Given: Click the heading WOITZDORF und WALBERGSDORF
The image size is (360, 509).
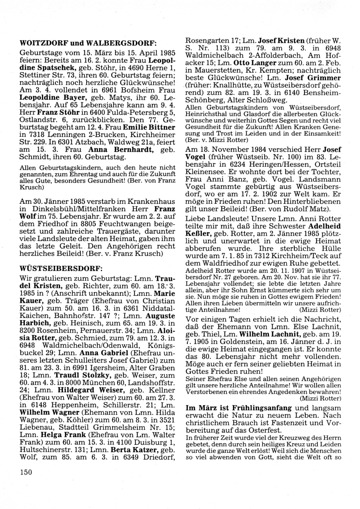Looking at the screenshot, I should tap(88, 43).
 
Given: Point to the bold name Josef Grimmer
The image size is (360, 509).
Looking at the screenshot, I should tap(312, 78).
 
